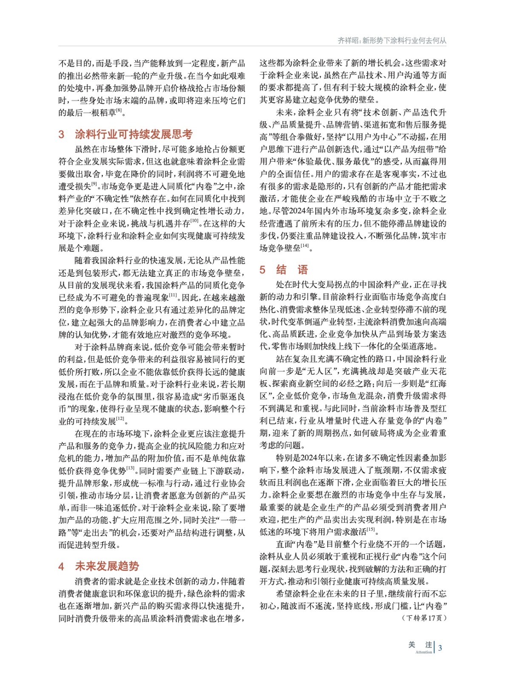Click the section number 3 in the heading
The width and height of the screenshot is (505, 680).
tap(61, 135)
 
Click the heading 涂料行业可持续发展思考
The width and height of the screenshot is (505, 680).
tap(134, 135)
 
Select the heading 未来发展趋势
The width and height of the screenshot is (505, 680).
tap(107, 566)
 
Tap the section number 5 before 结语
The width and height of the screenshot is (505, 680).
tap(262, 270)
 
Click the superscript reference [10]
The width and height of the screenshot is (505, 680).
tap(194, 221)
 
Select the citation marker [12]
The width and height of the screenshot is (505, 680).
tap(120, 419)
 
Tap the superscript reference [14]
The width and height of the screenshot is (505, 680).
tap(305, 246)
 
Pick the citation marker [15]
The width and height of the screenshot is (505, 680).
tap(371, 530)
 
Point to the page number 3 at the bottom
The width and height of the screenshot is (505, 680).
tap(440, 648)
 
